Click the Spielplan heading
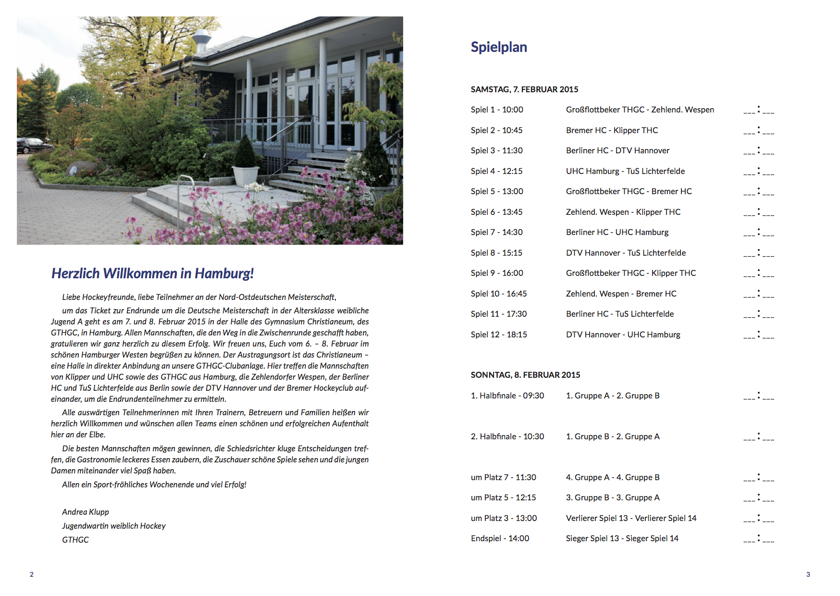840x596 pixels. [x=498, y=47]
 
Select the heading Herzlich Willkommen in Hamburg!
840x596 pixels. [x=152, y=273]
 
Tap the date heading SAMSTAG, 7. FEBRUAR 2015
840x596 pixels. [x=524, y=89]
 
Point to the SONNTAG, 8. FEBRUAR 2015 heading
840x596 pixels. [x=525, y=375]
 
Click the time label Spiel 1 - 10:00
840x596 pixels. [x=497, y=110]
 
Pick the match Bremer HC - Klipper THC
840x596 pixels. [x=612, y=130]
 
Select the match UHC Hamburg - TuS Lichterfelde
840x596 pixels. [x=625, y=171]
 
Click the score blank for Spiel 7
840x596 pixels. [x=758, y=233]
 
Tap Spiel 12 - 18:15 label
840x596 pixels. [x=499, y=335]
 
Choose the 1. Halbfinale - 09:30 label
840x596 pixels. [x=507, y=396]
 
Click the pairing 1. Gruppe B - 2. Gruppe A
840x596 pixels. [x=613, y=436]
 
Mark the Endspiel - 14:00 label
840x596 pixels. [x=500, y=538]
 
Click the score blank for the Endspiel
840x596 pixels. [x=758, y=539]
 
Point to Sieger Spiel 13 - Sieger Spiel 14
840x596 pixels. [x=622, y=538]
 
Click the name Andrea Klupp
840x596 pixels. [x=86, y=512]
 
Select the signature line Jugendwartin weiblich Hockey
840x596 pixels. [x=113, y=526]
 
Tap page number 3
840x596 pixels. [x=808, y=574]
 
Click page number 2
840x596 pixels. [x=32, y=574]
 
